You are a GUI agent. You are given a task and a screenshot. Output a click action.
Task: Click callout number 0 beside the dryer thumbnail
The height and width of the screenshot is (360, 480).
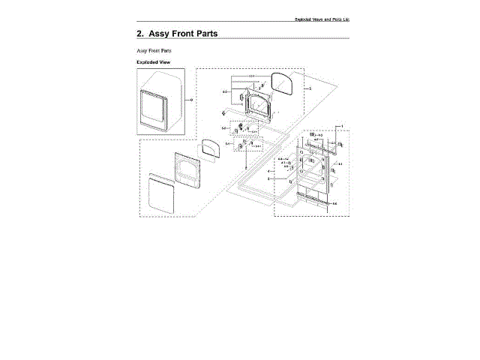coord(191,100)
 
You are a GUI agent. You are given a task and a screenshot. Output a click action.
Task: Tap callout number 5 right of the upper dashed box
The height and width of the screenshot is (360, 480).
coord(310,88)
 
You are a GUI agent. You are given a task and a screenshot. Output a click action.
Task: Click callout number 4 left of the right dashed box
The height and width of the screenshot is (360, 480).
coord(268,172)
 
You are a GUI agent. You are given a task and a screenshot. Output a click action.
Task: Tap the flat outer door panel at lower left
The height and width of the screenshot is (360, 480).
coord(160,192)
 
